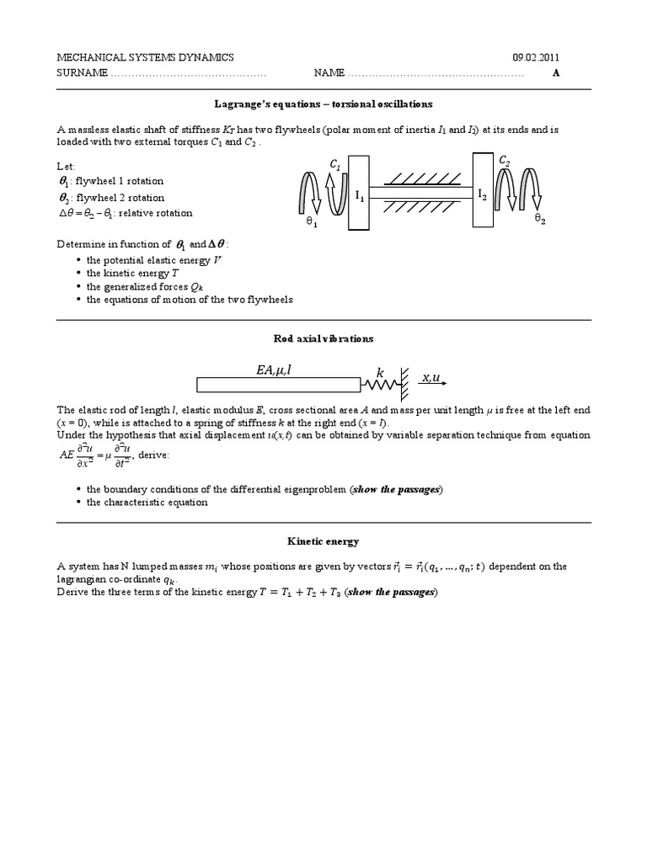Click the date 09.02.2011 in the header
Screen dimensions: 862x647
click(536, 57)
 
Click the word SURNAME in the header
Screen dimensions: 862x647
click(82, 72)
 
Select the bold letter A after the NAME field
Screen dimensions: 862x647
click(555, 72)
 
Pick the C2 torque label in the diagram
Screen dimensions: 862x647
click(504, 159)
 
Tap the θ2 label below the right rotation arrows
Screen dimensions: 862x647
click(540, 217)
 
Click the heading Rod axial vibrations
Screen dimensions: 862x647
click(323, 338)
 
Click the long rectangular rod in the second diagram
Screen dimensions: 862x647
click(279, 385)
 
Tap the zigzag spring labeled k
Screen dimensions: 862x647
click(379, 385)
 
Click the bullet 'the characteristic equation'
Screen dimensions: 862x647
click(147, 502)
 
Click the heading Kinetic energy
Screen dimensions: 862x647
click(323, 542)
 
